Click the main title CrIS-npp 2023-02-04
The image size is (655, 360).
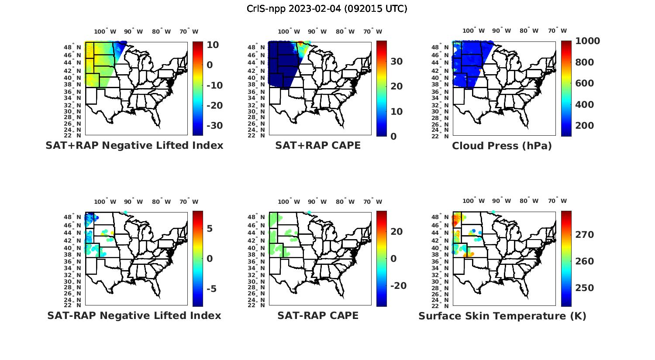coord(327,9)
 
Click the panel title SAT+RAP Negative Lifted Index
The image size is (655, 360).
coord(134,145)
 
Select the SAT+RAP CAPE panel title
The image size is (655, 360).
coord(318,145)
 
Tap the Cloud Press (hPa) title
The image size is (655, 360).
coord(502,146)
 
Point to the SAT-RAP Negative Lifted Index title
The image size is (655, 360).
coord(134,315)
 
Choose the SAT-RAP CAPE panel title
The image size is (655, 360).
coord(318,315)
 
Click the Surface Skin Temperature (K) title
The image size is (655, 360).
coord(502,316)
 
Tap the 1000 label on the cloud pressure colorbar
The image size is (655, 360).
coord(587,41)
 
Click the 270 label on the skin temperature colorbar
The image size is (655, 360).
coord(585,235)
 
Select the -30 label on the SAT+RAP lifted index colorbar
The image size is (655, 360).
coord(214,126)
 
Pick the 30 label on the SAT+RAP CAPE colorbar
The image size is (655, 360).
coord(396,62)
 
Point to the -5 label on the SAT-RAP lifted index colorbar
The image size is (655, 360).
coord(211,289)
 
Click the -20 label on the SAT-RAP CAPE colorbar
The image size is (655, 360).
coord(398,285)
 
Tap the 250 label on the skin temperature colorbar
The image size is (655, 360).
coord(585,288)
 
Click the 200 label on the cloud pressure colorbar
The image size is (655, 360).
coord(585,126)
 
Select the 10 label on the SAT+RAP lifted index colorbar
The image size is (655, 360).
coord(213,45)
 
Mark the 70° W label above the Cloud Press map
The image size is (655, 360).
coord(557,31)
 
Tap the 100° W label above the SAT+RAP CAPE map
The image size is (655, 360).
coord(289,31)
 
